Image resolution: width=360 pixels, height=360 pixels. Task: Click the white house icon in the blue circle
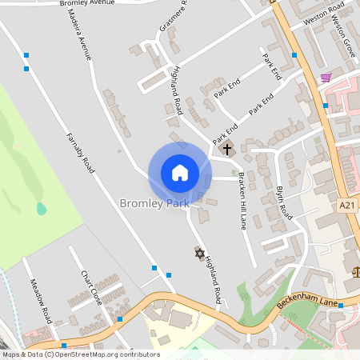point(180,172)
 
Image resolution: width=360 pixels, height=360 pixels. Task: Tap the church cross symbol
point(226,149)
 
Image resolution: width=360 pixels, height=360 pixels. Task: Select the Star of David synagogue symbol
point(200,254)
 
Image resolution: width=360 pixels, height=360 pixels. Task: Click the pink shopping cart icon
point(326,78)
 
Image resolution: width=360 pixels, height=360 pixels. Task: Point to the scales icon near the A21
point(356,270)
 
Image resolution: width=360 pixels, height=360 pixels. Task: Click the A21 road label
point(346,206)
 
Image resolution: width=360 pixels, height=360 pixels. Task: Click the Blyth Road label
point(285,202)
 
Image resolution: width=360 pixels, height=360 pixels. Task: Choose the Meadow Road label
point(41,297)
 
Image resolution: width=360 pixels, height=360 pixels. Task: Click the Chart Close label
point(90,286)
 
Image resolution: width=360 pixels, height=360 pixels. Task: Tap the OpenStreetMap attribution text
point(80,354)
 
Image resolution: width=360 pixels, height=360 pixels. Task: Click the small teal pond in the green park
point(41,209)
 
